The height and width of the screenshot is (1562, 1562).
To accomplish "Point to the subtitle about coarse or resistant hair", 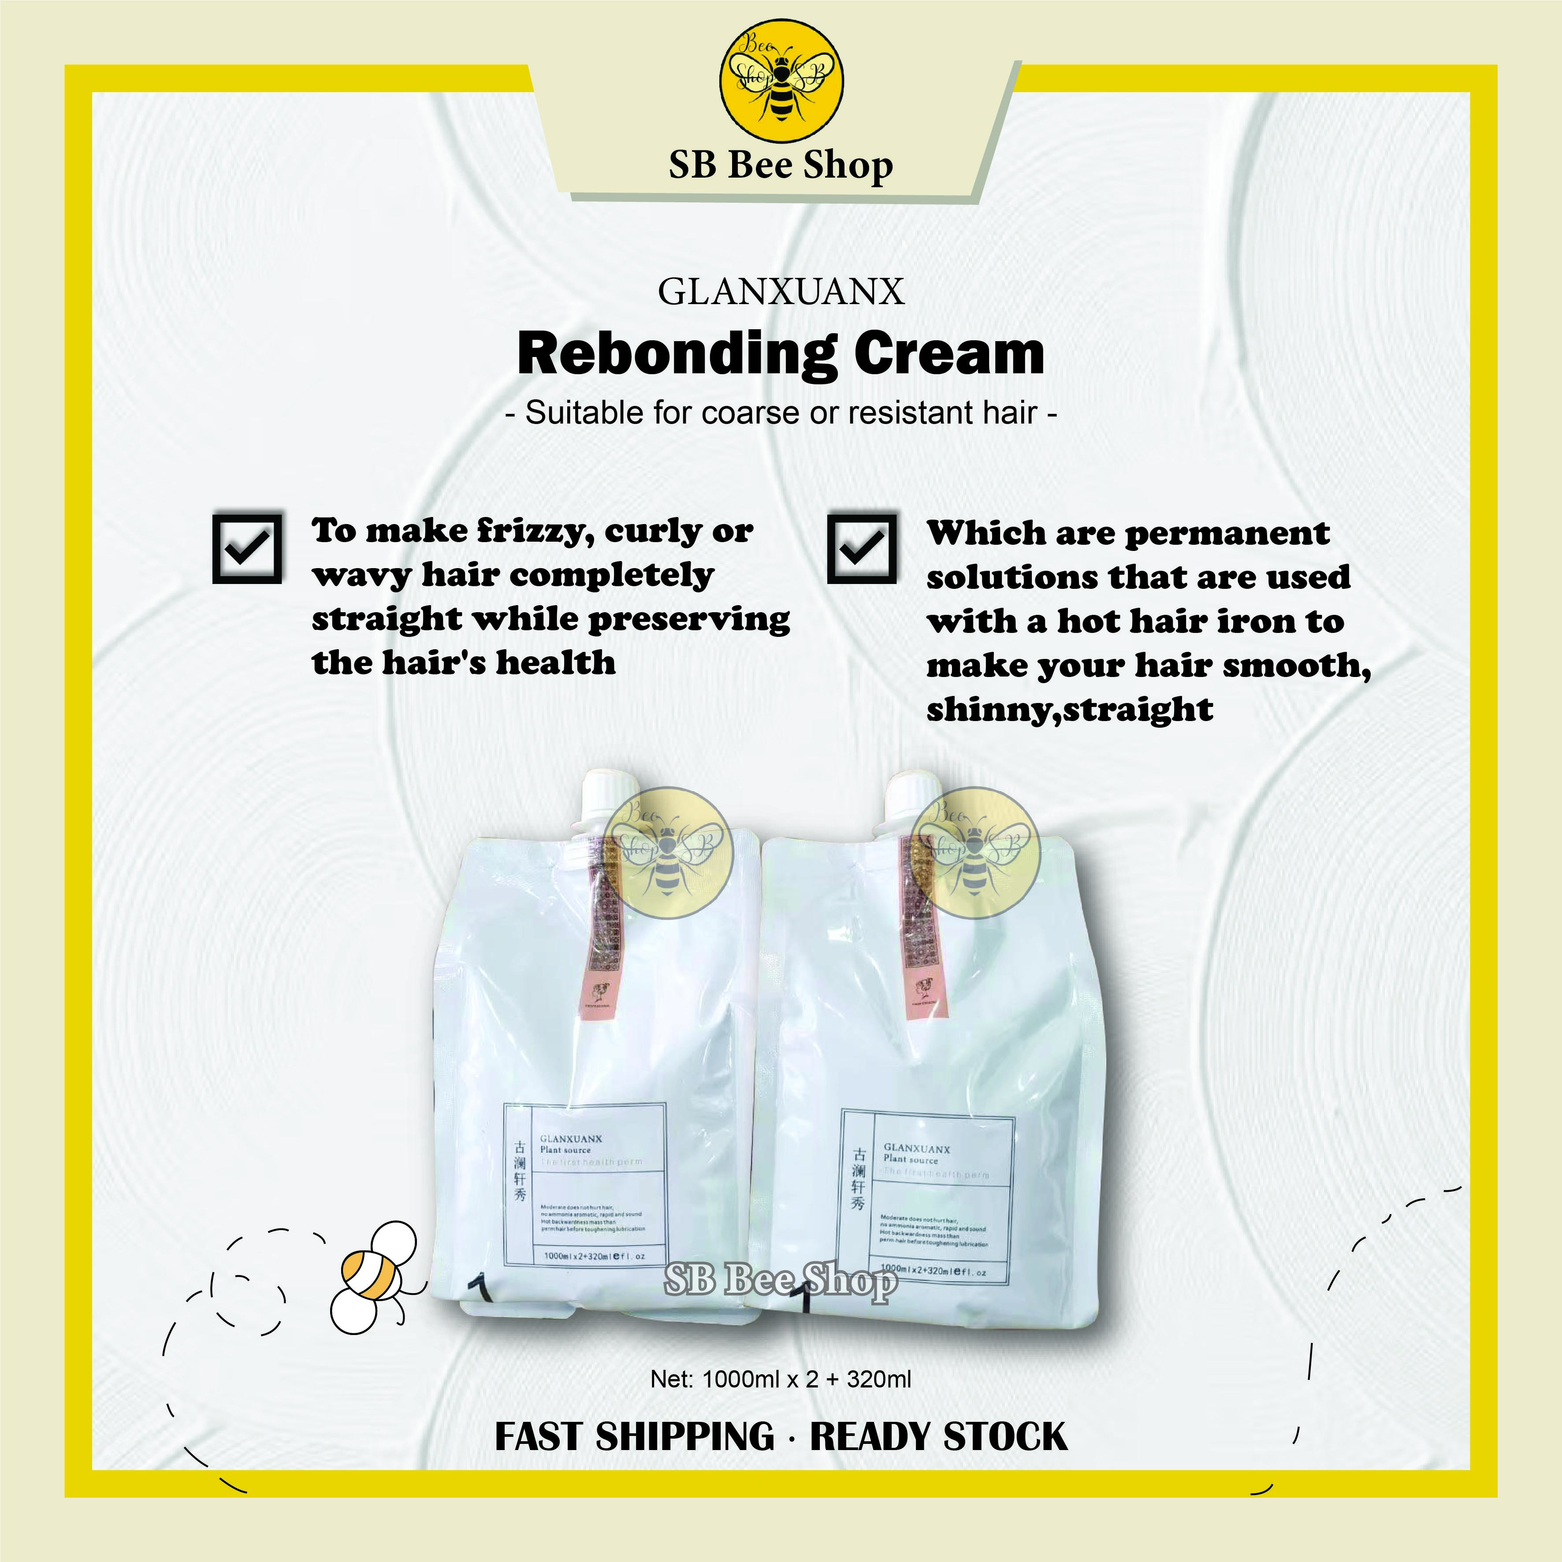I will pyautogui.click(x=781, y=413).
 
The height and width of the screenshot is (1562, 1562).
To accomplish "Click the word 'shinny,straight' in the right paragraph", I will pyautogui.click(x=1069, y=709).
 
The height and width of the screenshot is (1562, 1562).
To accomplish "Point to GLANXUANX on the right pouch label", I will pyautogui.click(x=917, y=1148).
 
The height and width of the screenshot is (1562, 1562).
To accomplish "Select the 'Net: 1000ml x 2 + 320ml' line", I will pyautogui.click(x=781, y=1379).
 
